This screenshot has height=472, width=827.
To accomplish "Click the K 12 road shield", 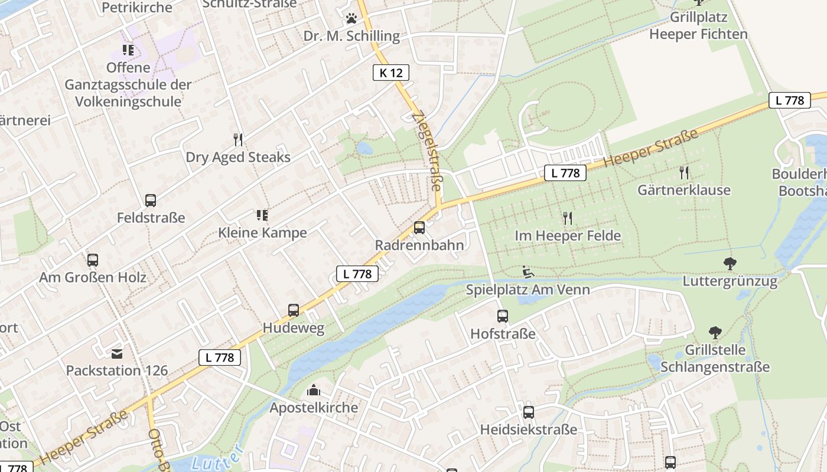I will click(391, 73).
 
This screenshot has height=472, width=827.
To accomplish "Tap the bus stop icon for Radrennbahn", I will click(419, 227).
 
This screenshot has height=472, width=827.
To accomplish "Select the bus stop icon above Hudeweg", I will click(294, 310).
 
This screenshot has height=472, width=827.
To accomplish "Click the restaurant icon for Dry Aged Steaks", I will click(238, 140).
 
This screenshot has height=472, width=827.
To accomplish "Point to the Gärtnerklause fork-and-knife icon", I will click(684, 172).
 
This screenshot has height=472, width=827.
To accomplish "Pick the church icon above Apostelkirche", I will click(314, 390).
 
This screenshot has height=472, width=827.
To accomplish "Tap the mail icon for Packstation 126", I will click(117, 353).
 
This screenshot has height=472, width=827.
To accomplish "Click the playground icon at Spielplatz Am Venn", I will click(528, 272).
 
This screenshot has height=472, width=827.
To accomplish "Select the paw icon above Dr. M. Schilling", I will click(351, 18).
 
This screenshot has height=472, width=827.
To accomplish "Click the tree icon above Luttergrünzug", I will click(730, 264).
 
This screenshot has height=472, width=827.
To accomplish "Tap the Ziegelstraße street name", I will click(426, 150).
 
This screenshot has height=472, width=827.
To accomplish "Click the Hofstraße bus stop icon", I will click(503, 316).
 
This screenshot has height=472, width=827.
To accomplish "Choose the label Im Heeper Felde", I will click(568, 236).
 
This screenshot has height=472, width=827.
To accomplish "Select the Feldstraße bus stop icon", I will click(151, 201).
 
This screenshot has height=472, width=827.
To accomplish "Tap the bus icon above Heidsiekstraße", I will click(529, 412).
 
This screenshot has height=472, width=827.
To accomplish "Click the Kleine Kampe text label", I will click(263, 232).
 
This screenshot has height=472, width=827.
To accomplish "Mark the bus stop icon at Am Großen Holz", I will click(93, 260).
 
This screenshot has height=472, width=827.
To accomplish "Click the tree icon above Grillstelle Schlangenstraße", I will click(715, 333).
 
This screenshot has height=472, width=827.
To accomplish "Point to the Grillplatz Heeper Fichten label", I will click(698, 25).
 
